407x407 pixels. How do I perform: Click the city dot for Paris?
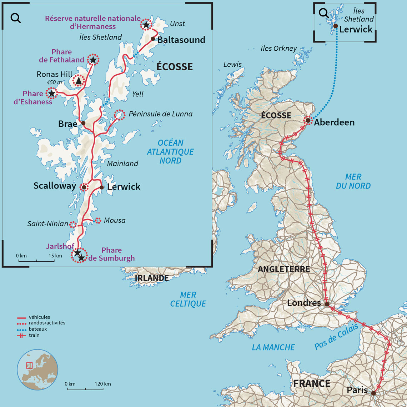click(x=373, y=393)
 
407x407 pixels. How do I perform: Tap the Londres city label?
click(x=304, y=303)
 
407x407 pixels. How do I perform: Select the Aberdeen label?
click(x=334, y=122)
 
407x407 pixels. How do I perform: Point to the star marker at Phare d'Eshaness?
click(x=52, y=93)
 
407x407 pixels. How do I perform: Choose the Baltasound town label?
click(x=181, y=40)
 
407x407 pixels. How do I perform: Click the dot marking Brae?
click(x=83, y=123)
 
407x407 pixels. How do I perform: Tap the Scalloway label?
click(x=55, y=186)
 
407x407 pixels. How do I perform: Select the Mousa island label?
click(x=115, y=220)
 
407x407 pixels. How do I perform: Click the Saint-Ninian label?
click(x=48, y=224)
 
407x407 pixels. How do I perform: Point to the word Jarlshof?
click(x=60, y=246)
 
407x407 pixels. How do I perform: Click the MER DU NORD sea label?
click(x=353, y=181)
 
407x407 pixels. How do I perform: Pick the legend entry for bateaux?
click(x=37, y=329)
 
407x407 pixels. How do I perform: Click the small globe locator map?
click(x=37, y=370)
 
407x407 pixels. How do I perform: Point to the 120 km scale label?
click(x=103, y=384)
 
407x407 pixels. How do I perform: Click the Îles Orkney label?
click(x=278, y=49)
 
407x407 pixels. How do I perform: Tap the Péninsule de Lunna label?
click(x=160, y=114)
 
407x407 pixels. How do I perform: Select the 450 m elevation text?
click(x=55, y=83)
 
